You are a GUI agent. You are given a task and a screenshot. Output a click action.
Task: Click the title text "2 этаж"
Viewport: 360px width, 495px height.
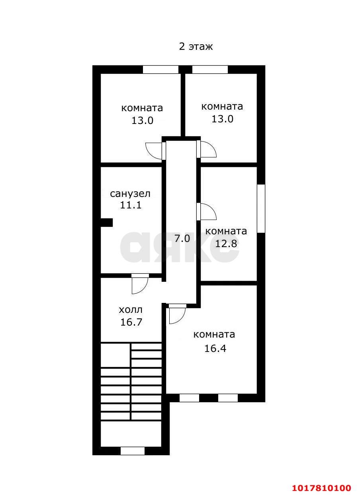tap(196, 47)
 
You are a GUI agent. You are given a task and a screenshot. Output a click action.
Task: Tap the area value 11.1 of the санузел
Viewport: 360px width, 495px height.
tap(131, 205)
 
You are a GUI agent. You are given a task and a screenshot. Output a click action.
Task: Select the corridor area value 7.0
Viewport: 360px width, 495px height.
tap(182, 238)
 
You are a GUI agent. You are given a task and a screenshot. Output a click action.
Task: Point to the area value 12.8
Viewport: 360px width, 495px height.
tap(226, 244)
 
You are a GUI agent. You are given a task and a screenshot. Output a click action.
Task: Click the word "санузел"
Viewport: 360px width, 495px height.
tap(130, 194)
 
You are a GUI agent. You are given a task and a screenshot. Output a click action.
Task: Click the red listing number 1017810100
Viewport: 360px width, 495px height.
tap(322, 486)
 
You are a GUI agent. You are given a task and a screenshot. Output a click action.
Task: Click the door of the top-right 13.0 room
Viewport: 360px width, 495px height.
tap(207, 149)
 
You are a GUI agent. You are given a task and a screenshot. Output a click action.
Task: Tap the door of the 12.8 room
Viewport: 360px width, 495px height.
tap(207, 212)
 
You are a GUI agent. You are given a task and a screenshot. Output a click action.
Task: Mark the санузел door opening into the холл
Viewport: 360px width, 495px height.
tap(140, 284)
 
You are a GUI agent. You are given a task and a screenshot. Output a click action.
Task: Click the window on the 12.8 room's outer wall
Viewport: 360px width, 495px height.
tap(261, 208)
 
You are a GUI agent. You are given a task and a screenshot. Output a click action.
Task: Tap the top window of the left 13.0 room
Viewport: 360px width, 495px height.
tap(160, 69)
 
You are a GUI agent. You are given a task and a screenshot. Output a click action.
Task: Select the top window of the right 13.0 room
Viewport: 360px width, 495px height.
tap(210, 69)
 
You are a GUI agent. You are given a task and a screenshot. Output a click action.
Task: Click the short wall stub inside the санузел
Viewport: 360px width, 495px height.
tap(107, 222)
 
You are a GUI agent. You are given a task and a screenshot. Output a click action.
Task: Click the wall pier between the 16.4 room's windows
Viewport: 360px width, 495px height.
tap(209, 398)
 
